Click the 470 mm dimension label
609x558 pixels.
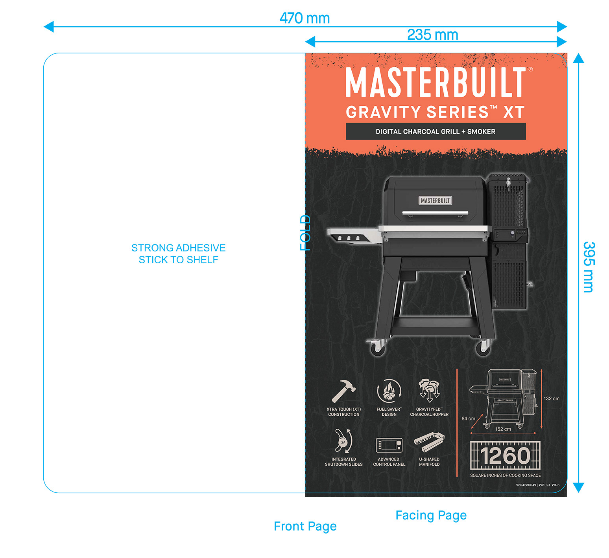coord(304,18)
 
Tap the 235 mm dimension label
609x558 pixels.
coord(432,35)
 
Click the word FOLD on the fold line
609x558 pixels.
coord(306,233)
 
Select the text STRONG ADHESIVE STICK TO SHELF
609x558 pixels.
coord(178,253)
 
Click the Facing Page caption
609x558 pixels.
coord(431,515)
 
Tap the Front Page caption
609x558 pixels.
coord(305,526)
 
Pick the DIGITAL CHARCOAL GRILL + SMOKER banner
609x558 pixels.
coord(436,132)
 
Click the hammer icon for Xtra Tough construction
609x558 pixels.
coord(343,391)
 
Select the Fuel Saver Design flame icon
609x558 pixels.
coord(389,391)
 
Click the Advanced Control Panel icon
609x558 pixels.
coord(389,445)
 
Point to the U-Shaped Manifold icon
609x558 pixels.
coord(429,442)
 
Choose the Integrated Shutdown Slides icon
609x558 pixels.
coord(343,441)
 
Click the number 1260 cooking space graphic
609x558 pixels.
coord(505,456)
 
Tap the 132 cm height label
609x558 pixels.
coord(551,398)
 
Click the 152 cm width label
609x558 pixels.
coord(503,429)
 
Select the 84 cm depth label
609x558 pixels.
coord(468,418)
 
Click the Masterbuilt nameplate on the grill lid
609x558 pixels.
coord(435,201)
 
